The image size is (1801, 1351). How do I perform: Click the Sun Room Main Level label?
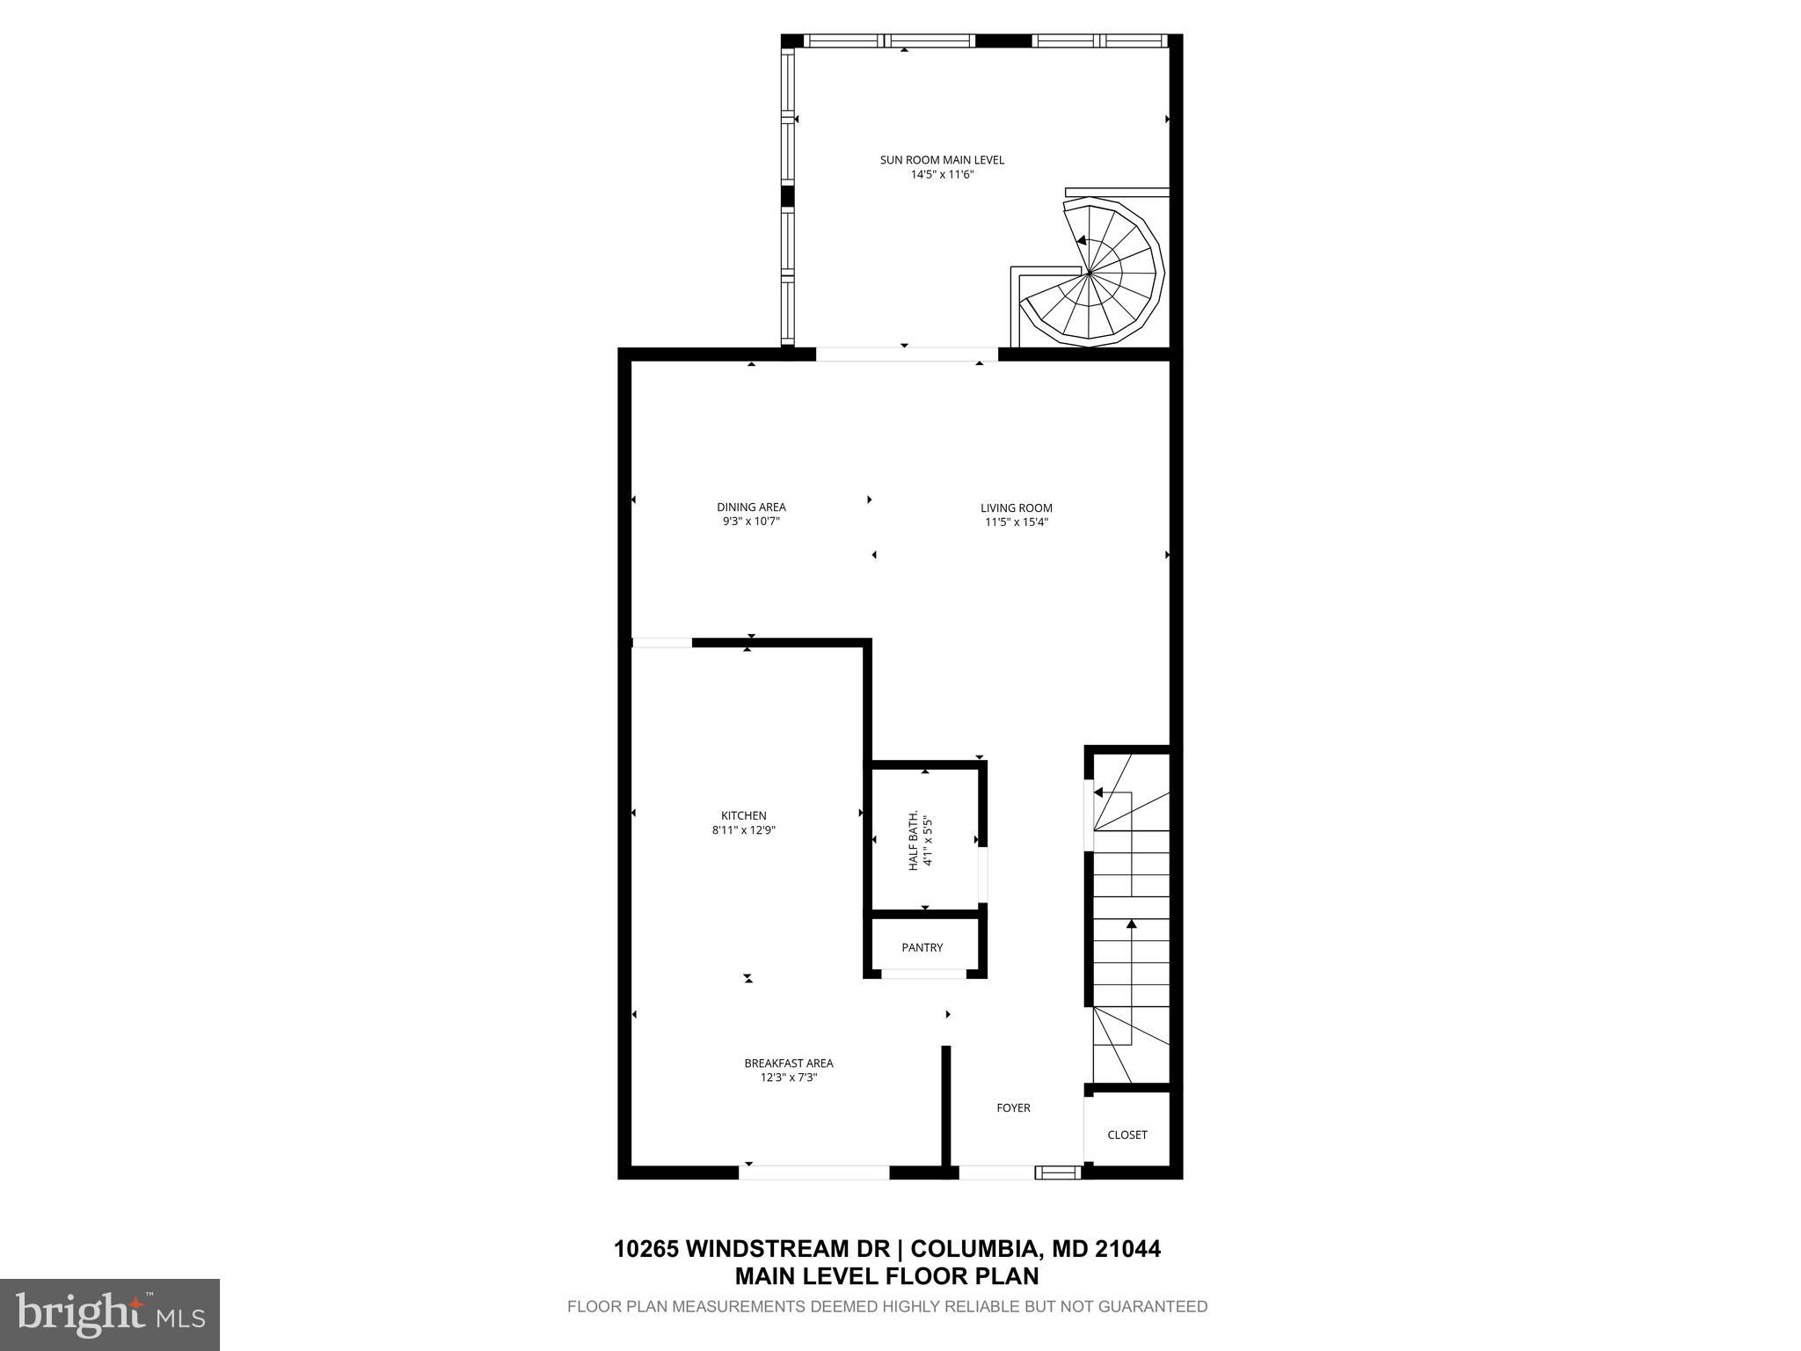[942, 160]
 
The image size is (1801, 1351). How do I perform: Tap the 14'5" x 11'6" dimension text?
[942, 174]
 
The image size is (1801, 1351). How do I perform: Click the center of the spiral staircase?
[1090, 274]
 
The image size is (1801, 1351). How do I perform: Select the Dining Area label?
[751, 507]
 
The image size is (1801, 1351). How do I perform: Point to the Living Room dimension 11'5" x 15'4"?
[1017, 522]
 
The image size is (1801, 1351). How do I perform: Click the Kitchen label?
[744, 815]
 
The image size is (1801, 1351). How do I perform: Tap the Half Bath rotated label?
[919, 841]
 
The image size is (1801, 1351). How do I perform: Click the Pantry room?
[922, 947]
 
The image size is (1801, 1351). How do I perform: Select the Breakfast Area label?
[789, 1063]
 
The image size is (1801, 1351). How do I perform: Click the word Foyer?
[1013, 1107]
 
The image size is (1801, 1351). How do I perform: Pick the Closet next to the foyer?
[1127, 1135]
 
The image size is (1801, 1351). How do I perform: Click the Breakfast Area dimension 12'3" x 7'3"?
[789, 1077]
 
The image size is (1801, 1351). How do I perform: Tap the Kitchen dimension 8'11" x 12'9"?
[744, 829]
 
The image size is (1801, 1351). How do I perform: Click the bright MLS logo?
[110, 1314]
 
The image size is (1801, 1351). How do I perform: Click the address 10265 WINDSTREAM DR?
[751, 1249]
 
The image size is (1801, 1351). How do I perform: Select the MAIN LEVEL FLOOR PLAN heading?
[886, 1276]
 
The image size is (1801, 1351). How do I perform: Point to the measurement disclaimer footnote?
[886, 1306]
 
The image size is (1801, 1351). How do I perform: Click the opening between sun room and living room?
[907, 354]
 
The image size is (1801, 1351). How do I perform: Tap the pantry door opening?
[923, 974]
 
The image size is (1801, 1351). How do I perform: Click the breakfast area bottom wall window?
[814, 1172]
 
